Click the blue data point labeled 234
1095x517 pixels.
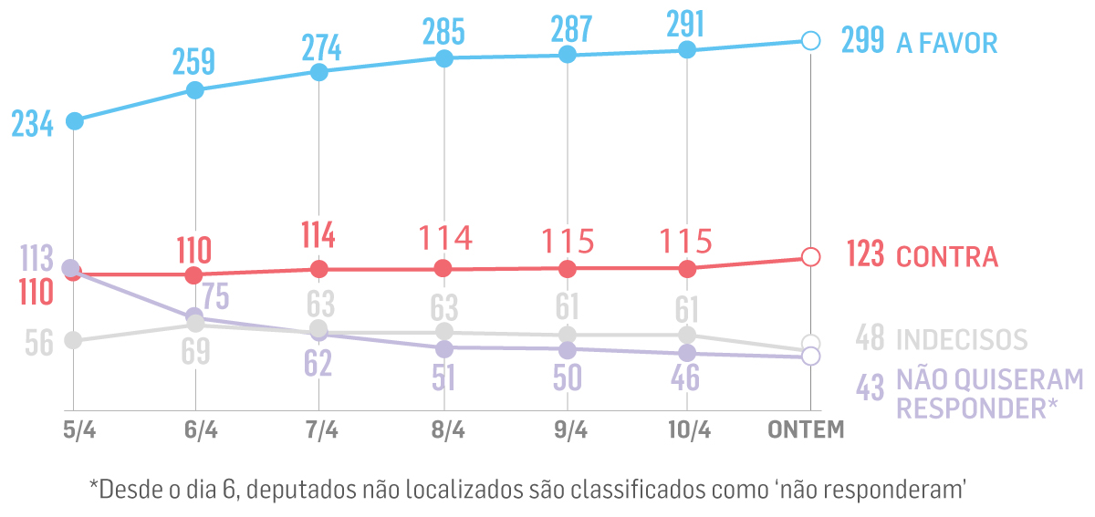click(x=75, y=120)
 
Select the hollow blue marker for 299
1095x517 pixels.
click(x=809, y=40)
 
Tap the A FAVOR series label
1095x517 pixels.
click(x=947, y=43)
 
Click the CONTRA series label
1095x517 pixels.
click(x=947, y=257)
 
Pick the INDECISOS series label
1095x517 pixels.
click(x=962, y=339)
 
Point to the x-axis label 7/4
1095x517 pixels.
click(x=319, y=430)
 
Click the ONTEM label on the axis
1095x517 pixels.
click(x=808, y=430)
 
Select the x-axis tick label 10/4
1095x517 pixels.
click(x=688, y=430)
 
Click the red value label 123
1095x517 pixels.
click(x=865, y=255)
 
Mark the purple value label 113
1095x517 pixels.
click(x=36, y=258)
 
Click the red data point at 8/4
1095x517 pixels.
click(x=443, y=268)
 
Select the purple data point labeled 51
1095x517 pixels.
click(x=443, y=348)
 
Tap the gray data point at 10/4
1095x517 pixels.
click(x=688, y=335)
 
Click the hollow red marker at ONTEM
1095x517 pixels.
click(x=809, y=257)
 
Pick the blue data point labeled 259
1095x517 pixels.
click(x=194, y=89)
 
